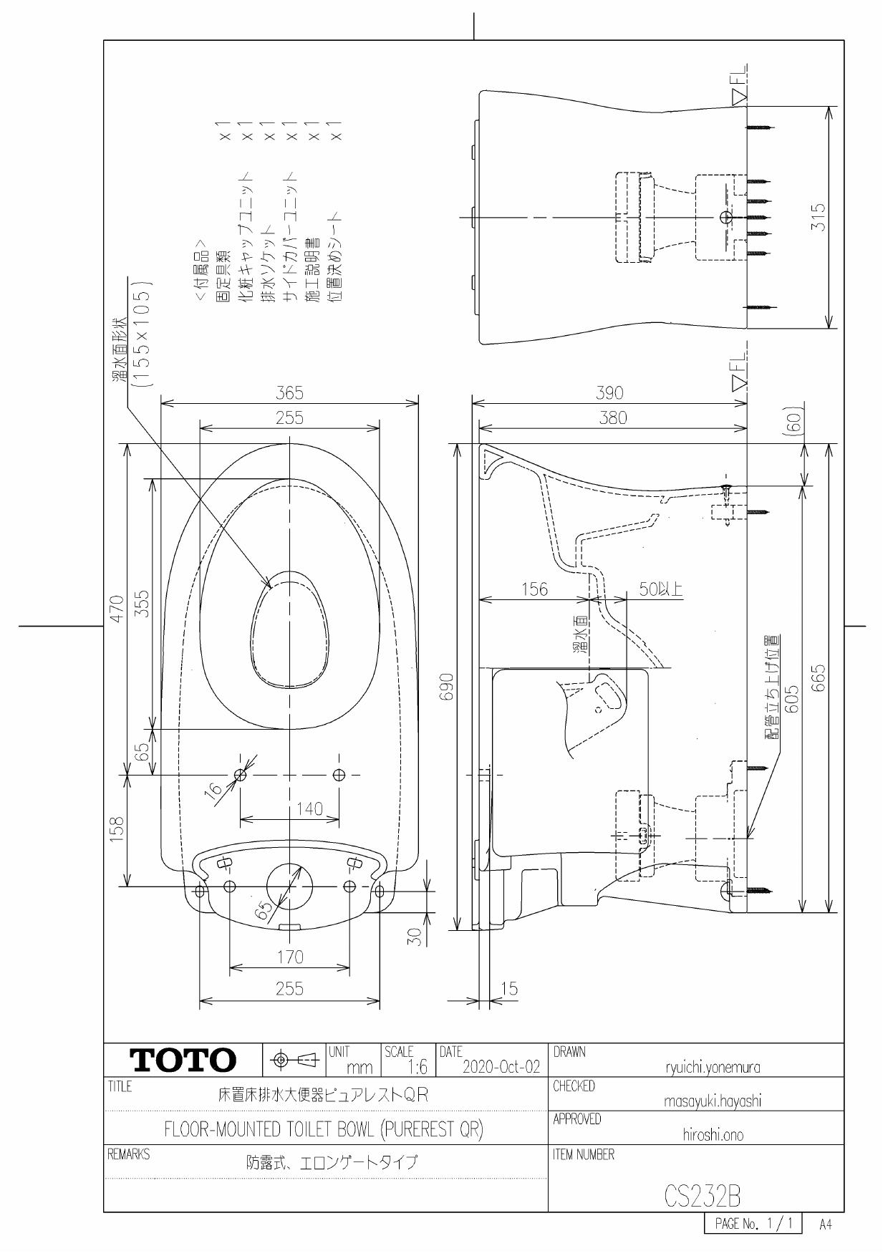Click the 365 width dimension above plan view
[x=289, y=392]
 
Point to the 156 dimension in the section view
[x=534, y=589]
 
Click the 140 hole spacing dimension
[x=309, y=808]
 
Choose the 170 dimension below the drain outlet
[x=289, y=957]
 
